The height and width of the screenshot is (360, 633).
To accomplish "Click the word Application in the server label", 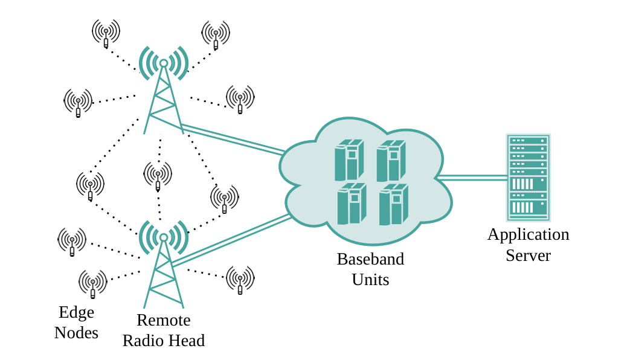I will pyautogui.click(x=528, y=234).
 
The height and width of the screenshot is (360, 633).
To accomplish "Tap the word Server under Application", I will pyautogui.click(x=528, y=255).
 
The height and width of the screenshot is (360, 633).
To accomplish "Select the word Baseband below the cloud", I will pyautogui.click(x=370, y=259).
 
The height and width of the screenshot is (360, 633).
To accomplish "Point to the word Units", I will pyautogui.click(x=370, y=280).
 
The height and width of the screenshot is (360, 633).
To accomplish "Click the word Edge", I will pyautogui.click(x=76, y=312).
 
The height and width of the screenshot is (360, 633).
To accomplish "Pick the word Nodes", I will pyautogui.click(x=76, y=333).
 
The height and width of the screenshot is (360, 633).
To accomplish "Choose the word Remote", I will pyautogui.click(x=163, y=320).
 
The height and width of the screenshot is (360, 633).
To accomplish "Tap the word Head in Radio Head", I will pyautogui.click(x=186, y=341).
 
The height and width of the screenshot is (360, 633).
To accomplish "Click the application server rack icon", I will pyautogui.click(x=528, y=178).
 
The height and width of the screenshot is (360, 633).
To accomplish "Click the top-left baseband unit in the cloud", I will pyautogui.click(x=349, y=160).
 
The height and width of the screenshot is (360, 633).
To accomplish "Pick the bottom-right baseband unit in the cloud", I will pyautogui.click(x=393, y=205).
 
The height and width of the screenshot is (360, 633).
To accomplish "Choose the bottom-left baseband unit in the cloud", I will pyautogui.click(x=351, y=204).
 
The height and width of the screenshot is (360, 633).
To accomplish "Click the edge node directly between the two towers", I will pyautogui.click(x=158, y=175).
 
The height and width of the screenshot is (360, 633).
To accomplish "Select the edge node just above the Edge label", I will pyautogui.click(x=92, y=283).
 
